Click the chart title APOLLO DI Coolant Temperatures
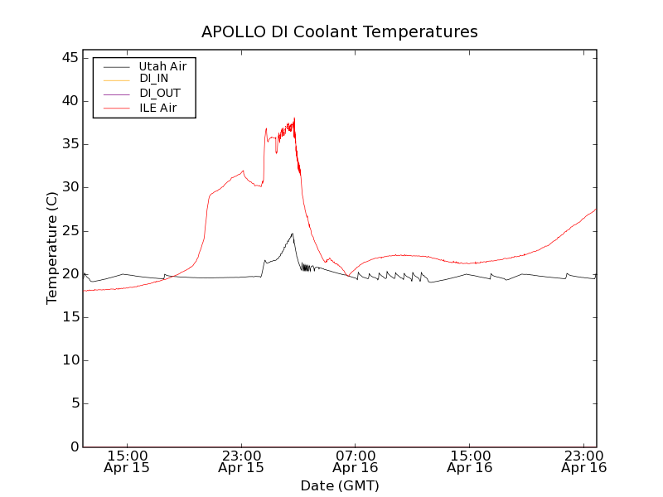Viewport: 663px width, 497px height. pos(340,31)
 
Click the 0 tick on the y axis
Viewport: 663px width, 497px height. pos(74,446)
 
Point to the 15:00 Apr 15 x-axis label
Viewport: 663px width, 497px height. pos(127,461)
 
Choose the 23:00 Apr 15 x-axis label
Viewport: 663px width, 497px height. pos(241,461)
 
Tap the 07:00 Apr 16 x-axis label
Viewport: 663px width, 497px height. pos(356,461)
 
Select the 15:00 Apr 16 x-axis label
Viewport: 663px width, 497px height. pos(470,461)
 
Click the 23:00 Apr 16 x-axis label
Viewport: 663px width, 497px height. pos(584,461)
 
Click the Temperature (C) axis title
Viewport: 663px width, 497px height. pos(52,248)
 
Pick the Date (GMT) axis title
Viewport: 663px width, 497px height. pos(340,485)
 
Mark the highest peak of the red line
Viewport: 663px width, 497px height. pos(294,118)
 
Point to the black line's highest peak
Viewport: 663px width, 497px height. pos(293,234)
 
